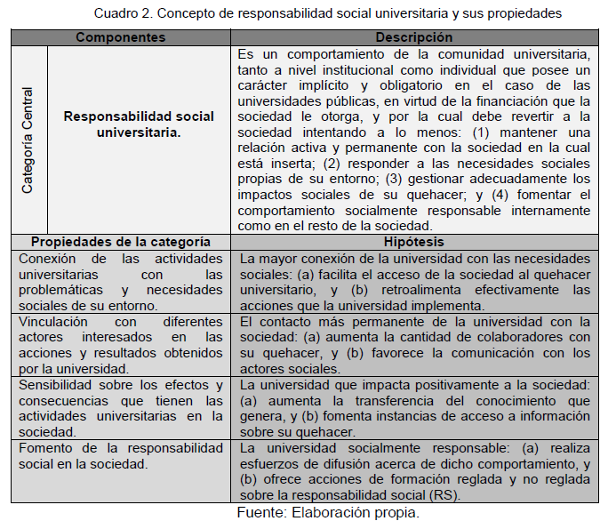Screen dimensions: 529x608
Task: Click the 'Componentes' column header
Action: pos(120,37)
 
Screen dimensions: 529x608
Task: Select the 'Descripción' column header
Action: pos(413,37)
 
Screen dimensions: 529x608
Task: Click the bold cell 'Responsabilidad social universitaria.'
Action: pos(139,124)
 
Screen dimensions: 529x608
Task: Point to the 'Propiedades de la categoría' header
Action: pos(121,242)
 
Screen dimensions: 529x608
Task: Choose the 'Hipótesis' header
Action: pos(413,242)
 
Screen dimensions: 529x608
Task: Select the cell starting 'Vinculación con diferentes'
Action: pos(121,344)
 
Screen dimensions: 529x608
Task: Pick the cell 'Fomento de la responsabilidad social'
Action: pos(121,457)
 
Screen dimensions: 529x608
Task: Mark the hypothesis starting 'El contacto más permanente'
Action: pos(415,344)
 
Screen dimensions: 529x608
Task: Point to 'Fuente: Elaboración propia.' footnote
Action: pos(328,513)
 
